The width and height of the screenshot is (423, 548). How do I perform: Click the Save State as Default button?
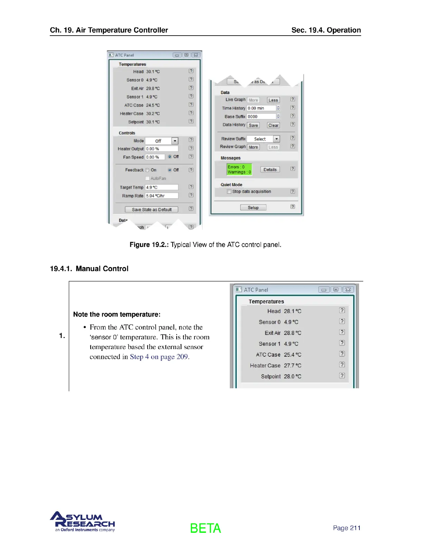(151, 209)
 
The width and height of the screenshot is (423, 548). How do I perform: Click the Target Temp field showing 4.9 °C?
(161, 187)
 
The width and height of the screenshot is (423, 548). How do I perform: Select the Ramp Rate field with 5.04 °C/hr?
(161, 195)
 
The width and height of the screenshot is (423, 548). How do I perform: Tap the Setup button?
(253, 208)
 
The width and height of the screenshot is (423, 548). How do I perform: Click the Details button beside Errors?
(270, 170)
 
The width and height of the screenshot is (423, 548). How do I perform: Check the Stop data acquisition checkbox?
(229, 191)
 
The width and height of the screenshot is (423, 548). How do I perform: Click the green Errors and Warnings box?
(239, 170)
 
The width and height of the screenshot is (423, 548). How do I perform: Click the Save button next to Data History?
(253, 125)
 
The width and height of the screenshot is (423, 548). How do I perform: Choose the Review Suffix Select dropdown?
(263, 139)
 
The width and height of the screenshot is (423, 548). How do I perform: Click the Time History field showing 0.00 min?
(261, 108)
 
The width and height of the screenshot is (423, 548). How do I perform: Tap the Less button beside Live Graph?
(273, 100)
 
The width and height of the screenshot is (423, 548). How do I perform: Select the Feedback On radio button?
(147, 170)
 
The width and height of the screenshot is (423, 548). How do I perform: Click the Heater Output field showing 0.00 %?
(161, 149)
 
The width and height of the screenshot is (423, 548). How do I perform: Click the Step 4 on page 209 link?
(159, 357)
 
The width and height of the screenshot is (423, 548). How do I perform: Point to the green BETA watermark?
(205, 528)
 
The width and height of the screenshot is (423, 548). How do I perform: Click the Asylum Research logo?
(83, 521)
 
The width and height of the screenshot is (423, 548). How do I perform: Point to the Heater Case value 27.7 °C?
(292, 365)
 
